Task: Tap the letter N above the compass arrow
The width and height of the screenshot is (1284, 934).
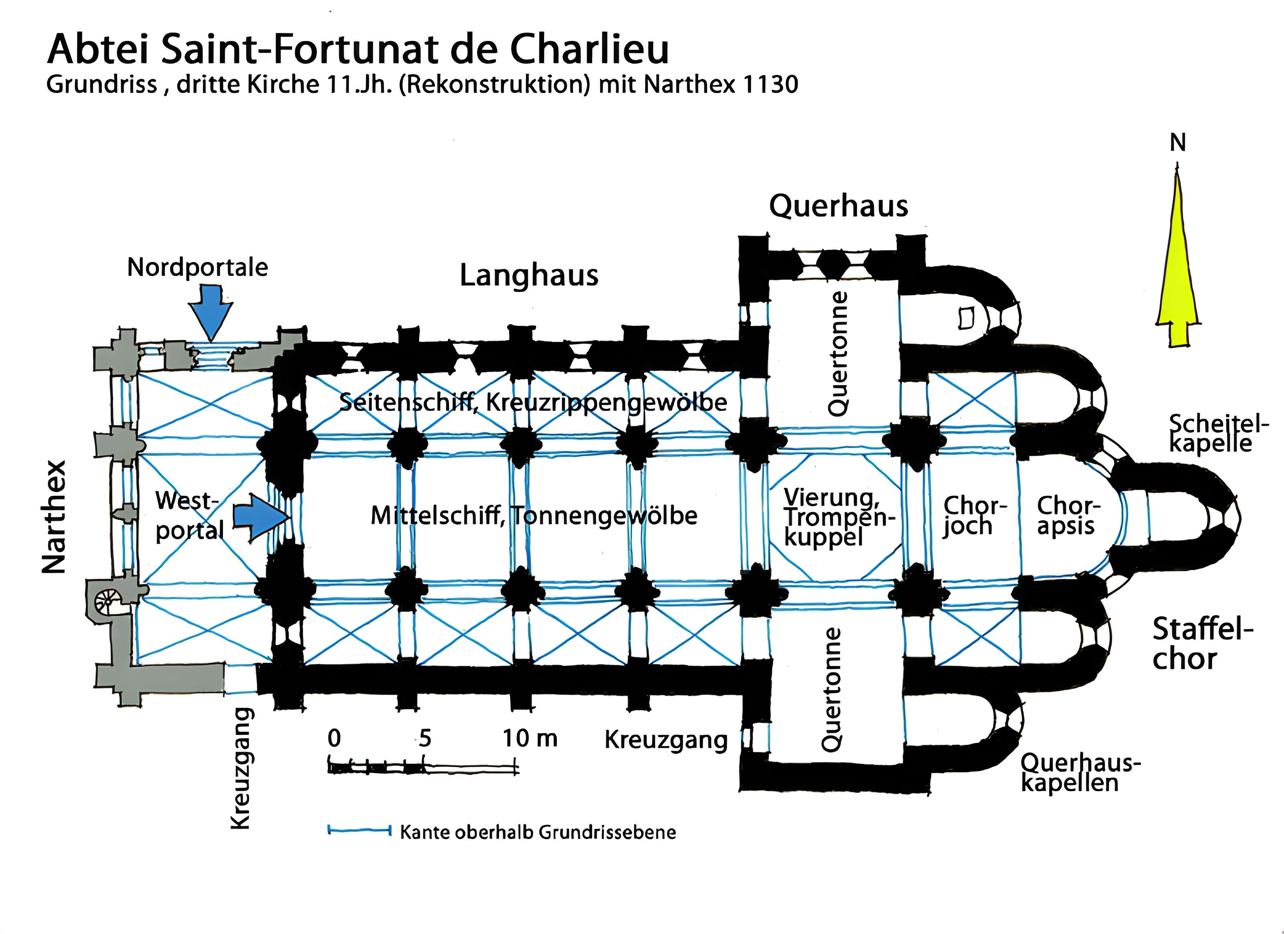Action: [1178, 143]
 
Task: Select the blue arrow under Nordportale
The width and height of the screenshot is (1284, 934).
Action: [211, 314]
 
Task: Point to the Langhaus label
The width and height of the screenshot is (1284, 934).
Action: [529, 276]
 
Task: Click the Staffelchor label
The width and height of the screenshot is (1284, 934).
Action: [1201, 644]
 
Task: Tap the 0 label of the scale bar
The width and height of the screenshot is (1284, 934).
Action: [334, 738]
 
